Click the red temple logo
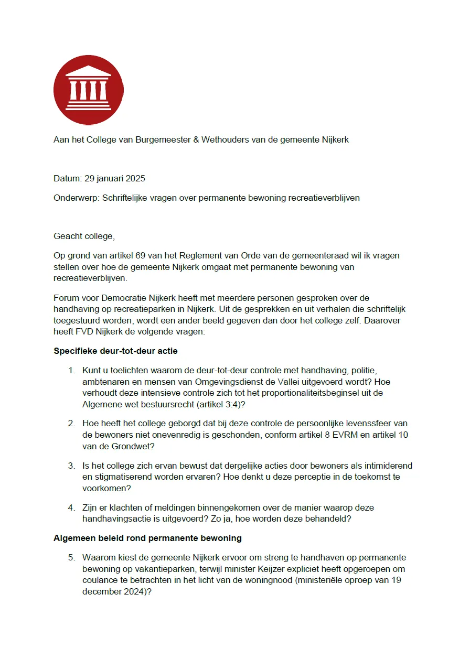pyautogui.click(x=88, y=90)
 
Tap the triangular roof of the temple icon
pyautogui.click(x=88, y=71)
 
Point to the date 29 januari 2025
pyautogui.click(x=115, y=178)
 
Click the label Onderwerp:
pyautogui.click(x=77, y=198)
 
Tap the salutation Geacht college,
pyautogui.click(x=84, y=236)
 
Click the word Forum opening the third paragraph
pyautogui.click(x=66, y=298)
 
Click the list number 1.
pyautogui.click(x=71, y=371)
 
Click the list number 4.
pyautogui.click(x=71, y=507)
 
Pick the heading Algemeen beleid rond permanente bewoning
pyautogui.click(x=147, y=538)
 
